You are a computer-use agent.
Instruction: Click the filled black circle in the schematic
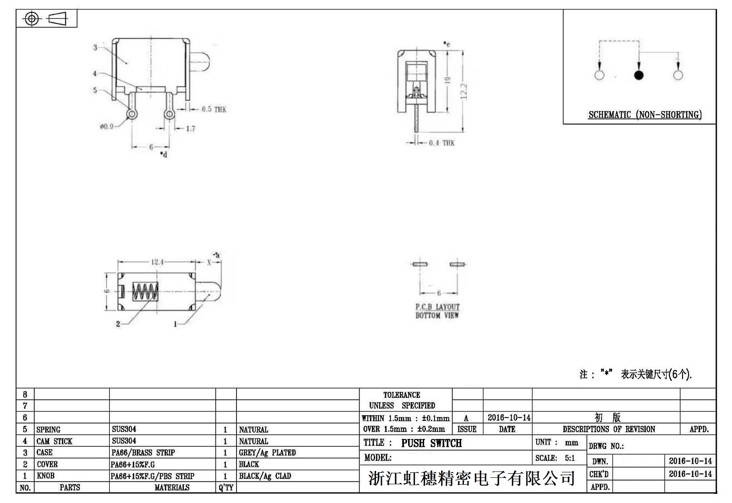coord(639,75)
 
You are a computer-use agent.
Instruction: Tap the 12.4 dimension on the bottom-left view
coord(157,262)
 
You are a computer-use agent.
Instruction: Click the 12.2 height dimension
coord(463,91)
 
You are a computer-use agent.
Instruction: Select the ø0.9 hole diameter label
coord(107,126)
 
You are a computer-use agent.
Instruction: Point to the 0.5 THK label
coord(214,109)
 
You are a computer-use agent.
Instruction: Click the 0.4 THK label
coord(441,143)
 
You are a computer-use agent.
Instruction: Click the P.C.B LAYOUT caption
coord(437,307)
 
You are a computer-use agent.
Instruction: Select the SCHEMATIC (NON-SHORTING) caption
coord(645,115)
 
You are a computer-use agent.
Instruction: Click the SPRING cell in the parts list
coord(48,430)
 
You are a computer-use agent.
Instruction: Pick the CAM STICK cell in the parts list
coord(54,441)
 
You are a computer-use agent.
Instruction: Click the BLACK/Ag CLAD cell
coord(264,476)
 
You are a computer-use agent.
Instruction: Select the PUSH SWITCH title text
coord(431,443)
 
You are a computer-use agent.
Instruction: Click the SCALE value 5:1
coord(570,458)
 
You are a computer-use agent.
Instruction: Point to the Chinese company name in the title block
coord(471,478)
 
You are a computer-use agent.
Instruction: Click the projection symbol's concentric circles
coord(32,19)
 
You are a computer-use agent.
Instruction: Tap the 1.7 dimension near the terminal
coord(190,129)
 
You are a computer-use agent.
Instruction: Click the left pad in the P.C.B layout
coord(419,264)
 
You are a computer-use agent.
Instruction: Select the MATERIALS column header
coord(172,488)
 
